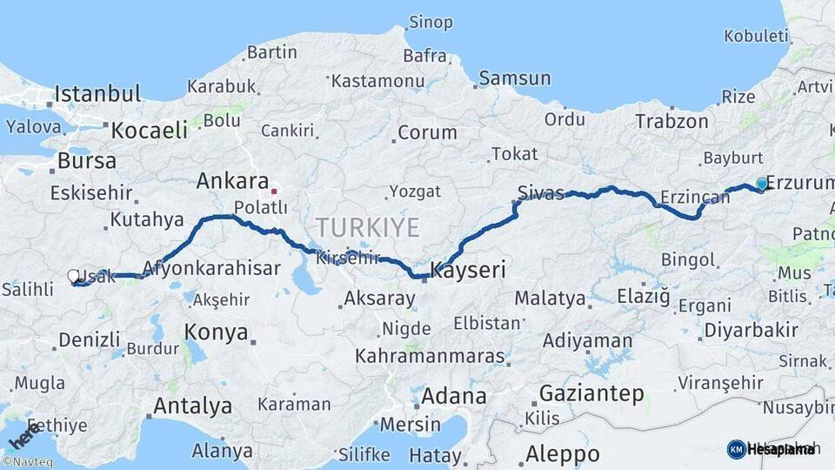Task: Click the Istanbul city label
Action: [x=97, y=94]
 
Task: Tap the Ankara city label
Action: [x=231, y=181]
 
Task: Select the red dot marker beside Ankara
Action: [x=273, y=191]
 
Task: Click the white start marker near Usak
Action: [x=74, y=276]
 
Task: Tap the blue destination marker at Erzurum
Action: [x=762, y=184]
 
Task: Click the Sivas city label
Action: [x=540, y=192]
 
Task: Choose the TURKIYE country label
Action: [x=367, y=228]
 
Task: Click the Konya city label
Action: [x=217, y=332]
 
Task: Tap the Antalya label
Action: [x=192, y=406]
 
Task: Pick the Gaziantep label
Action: [x=591, y=393]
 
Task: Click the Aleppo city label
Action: [x=562, y=453]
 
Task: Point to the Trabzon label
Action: [x=671, y=121]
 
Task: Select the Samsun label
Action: [x=515, y=78]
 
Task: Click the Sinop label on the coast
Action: [x=431, y=21]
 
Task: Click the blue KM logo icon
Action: [x=736, y=449]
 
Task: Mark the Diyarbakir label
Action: [x=751, y=330]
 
